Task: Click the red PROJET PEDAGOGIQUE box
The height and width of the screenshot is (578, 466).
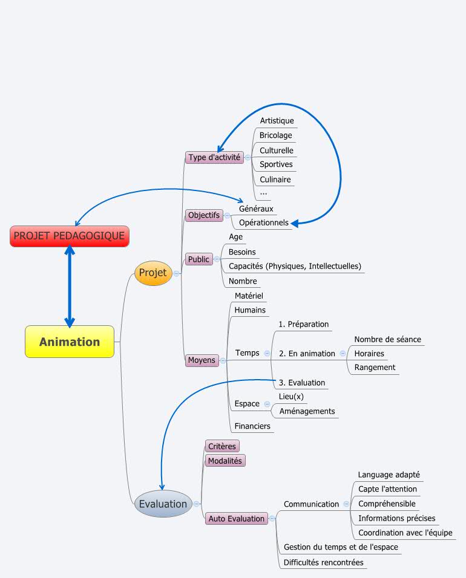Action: (69, 236)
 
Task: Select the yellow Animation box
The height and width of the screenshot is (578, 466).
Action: (69, 342)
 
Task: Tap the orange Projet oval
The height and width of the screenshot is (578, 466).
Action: (153, 273)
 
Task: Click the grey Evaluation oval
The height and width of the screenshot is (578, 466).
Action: (163, 504)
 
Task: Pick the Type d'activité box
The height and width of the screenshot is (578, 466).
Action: (214, 157)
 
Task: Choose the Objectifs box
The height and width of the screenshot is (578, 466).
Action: (204, 215)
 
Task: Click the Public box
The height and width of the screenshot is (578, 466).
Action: (199, 259)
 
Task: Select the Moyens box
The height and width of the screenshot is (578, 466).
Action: (202, 360)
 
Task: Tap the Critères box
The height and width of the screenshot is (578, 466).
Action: (222, 446)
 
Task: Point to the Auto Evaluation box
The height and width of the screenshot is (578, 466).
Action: (236, 519)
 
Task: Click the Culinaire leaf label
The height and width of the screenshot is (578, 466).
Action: (275, 180)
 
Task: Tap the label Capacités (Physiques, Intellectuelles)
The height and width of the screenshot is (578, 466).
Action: (295, 266)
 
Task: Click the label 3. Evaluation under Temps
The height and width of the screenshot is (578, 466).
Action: (301, 383)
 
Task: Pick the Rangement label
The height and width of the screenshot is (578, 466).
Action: (375, 368)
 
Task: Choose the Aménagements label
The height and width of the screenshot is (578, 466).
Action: (306, 411)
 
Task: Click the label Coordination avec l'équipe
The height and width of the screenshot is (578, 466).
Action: (405, 533)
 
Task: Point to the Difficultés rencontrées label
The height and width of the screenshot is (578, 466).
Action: (323, 562)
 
